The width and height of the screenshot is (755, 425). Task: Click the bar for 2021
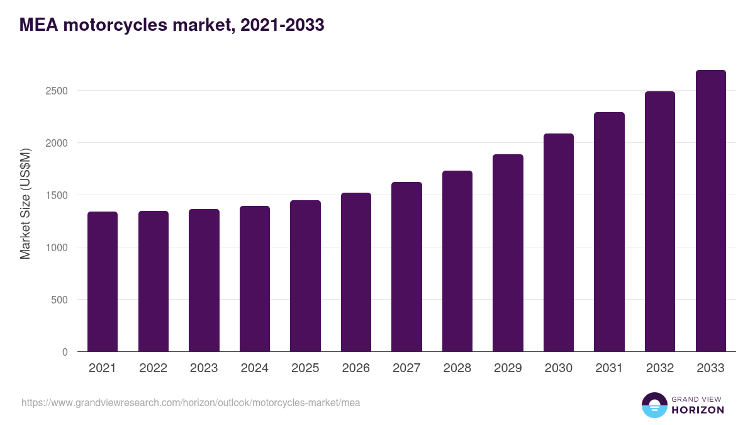pyautogui.click(x=103, y=281)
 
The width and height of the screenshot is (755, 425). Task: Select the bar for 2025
pyautogui.click(x=305, y=276)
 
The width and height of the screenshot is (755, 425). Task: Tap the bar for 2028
pyautogui.click(x=457, y=261)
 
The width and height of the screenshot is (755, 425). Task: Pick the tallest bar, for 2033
pyautogui.click(x=710, y=211)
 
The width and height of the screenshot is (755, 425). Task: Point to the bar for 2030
pyautogui.click(x=559, y=242)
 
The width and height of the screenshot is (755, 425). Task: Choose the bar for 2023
pyautogui.click(x=204, y=280)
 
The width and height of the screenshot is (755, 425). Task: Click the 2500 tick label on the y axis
pyautogui.click(x=56, y=91)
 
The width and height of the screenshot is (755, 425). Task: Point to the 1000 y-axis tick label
pyautogui.click(x=56, y=247)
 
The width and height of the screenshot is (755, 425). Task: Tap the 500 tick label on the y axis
pyautogui.click(x=59, y=300)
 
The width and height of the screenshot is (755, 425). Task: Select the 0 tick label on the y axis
pyautogui.click(x=65, y=352)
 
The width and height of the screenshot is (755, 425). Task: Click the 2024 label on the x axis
pyautogui.click(x=254, y=368)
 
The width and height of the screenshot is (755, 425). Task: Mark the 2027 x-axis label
pyautogui.click(x=406, y=368)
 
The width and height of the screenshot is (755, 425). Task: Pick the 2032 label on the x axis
pyautogui.click(x=660, y=368)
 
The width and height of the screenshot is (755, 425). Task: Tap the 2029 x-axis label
pyautogui.click(x=508, y=368)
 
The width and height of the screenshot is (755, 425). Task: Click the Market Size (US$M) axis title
pyautogui.click(x=25, y=203)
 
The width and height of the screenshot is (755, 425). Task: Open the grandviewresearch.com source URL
pyautogui.click(x=191, y=402)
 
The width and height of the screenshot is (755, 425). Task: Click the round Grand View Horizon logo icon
pyautogui.click(x=654, y=405)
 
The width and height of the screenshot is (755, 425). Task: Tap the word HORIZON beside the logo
pyautogui.click(x=698, y=410)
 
